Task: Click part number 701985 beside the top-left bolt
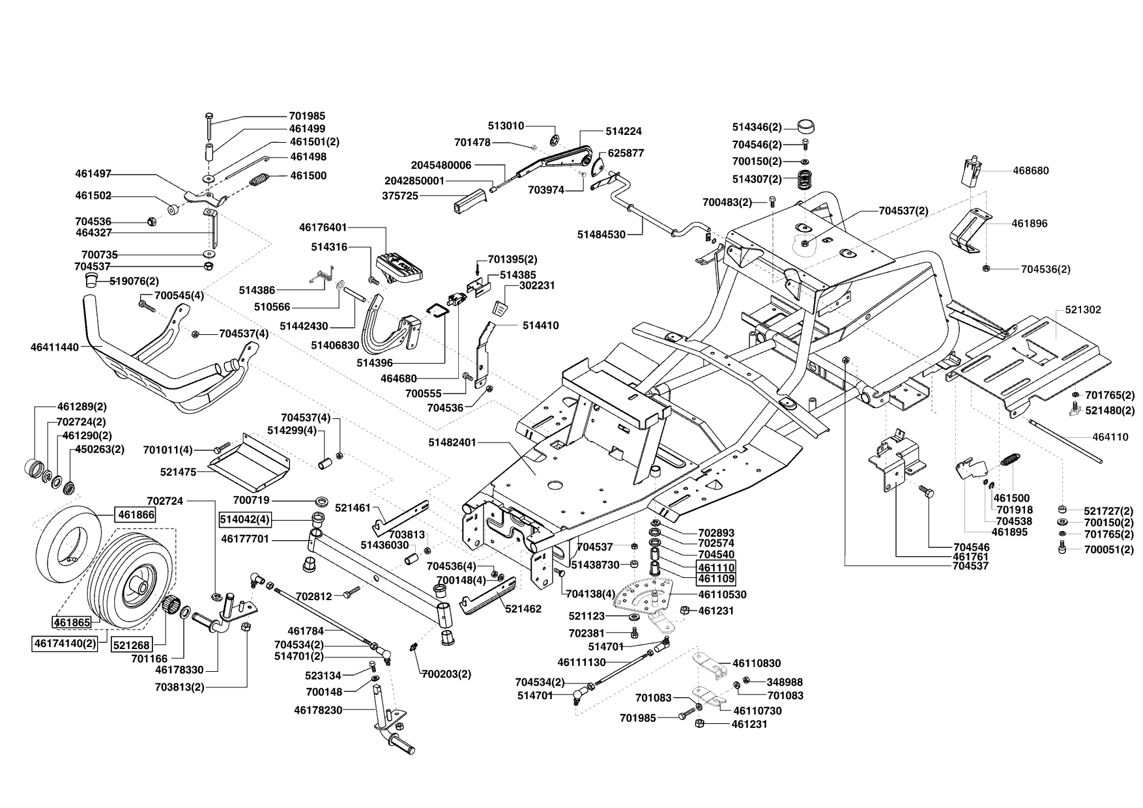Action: [307, 116]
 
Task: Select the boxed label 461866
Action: [136, 515]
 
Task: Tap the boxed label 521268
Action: [131, 645]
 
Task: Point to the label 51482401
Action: [453, 442]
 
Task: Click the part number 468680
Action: [1030, 171]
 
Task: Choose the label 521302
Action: [1082, 310]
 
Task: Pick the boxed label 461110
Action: [716, 568]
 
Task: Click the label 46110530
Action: [722, 595]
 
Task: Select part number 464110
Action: [1110, 437]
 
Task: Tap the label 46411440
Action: [54, 347]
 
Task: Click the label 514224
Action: [624, 131]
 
